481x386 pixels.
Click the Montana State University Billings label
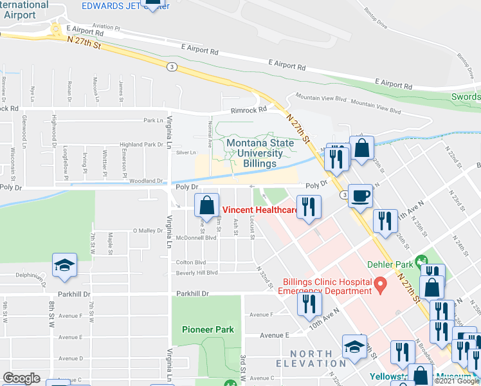[x=254, y=152]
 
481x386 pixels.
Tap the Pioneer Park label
[x=203, y=329]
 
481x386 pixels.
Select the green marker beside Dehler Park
[x=422, y=262]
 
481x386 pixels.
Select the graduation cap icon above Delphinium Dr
[x=64, y=266]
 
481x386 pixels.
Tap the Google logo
[x=21, y=378]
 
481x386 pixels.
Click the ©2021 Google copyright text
[x=457, y=381]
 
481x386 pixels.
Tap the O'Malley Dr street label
[x=148, y=230]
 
